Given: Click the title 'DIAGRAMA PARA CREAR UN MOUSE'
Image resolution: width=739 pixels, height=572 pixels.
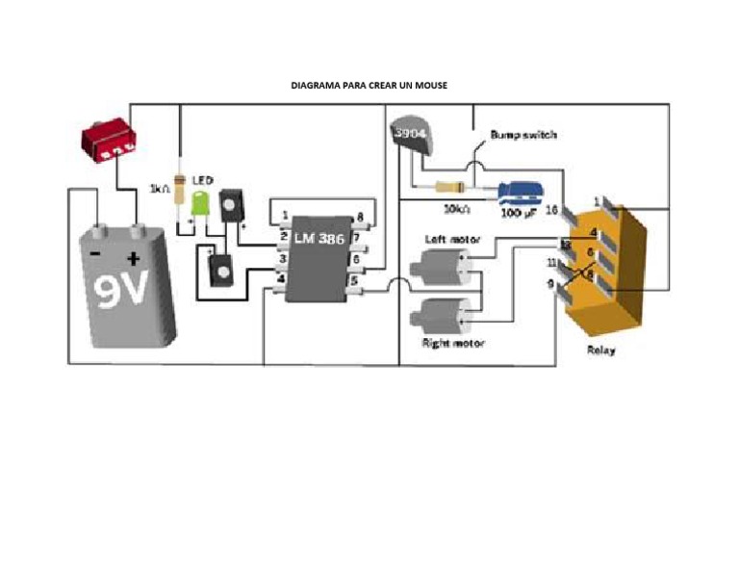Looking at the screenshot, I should click(369, 86).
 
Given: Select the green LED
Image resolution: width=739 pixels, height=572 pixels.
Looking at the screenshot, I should click(201, 203).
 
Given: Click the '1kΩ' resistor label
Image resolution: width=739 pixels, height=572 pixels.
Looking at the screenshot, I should click(160, 188).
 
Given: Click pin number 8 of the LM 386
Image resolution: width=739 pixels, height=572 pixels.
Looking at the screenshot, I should click(360, 217).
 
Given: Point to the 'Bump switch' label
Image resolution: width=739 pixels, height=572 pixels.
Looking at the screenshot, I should click(522, 135).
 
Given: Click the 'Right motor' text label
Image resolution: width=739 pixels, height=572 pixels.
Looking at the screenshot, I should click(453, 343).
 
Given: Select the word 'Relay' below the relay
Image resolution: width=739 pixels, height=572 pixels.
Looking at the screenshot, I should click(600, 351).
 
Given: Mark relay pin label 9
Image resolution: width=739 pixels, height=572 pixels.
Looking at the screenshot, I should click(550, 283).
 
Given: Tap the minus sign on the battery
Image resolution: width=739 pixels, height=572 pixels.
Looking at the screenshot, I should click(96, 253).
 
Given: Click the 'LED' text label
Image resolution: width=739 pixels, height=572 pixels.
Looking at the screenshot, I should click(201, 180).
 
